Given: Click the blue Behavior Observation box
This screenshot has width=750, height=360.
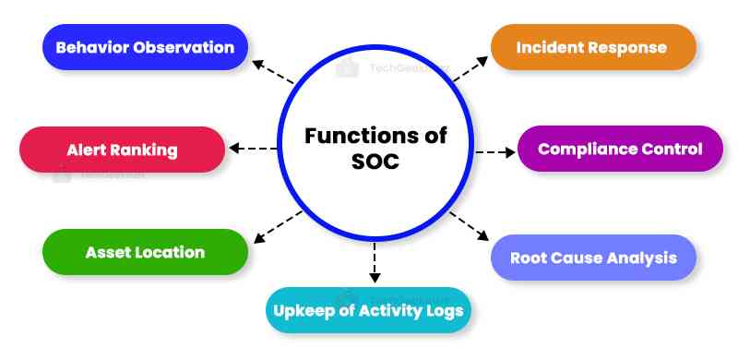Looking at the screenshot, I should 145,47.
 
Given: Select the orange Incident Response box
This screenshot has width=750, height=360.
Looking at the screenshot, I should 591,47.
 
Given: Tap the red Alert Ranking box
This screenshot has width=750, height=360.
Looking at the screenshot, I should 122,150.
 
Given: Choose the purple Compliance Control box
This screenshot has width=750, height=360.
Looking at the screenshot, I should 620,149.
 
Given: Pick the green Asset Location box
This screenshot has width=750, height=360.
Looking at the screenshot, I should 145,252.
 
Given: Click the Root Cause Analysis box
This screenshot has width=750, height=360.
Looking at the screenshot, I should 592,258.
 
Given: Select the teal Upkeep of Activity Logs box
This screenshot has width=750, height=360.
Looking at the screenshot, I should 370,309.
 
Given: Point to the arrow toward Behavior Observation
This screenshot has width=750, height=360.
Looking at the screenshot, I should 274,73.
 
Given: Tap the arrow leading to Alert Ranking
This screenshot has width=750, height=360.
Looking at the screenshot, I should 254,149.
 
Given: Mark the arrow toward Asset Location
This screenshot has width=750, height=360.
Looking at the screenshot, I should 278,226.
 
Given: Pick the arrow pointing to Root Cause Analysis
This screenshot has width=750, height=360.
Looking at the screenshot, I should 471,227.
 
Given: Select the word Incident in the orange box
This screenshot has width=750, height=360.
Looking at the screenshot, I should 551,47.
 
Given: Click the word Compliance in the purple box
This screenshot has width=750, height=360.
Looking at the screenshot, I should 584,149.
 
